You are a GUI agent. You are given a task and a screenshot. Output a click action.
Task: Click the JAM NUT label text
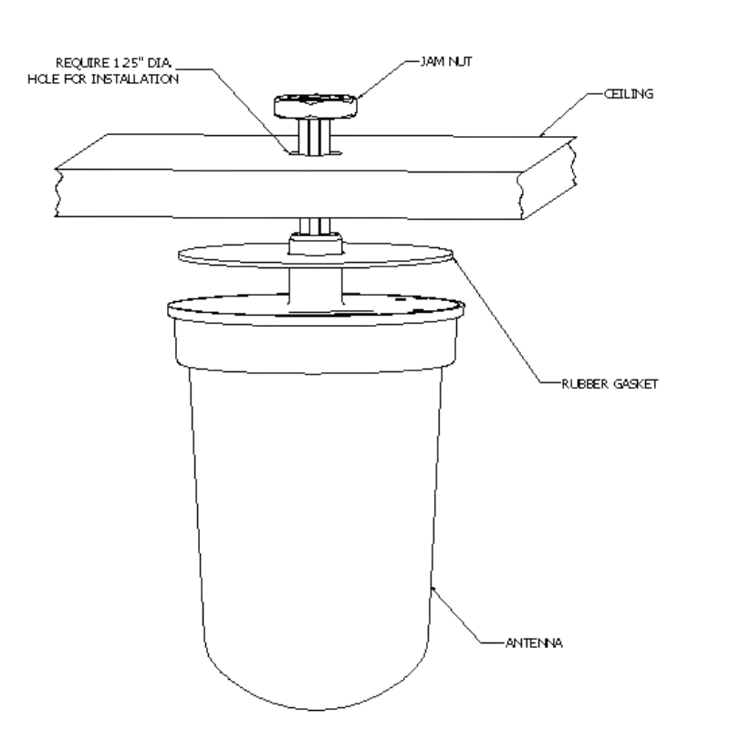pos(446,61)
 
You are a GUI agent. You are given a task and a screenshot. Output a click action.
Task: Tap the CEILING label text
pos(629,94)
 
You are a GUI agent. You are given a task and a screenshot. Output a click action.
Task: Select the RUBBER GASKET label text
pos(610,383)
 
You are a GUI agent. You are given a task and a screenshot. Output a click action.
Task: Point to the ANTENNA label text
pos(534,643)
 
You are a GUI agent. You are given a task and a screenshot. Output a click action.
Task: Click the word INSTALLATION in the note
pos(135,79)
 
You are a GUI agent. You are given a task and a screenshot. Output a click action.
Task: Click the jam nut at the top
pos(316,106)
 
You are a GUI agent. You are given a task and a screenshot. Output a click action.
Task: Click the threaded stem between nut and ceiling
pos(315,137)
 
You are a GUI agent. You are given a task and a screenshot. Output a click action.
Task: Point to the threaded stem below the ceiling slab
pos(315,225)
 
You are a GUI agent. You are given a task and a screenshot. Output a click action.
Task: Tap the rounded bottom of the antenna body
pos(315,684)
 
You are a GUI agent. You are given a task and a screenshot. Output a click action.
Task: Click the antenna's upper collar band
pos(316,346)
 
